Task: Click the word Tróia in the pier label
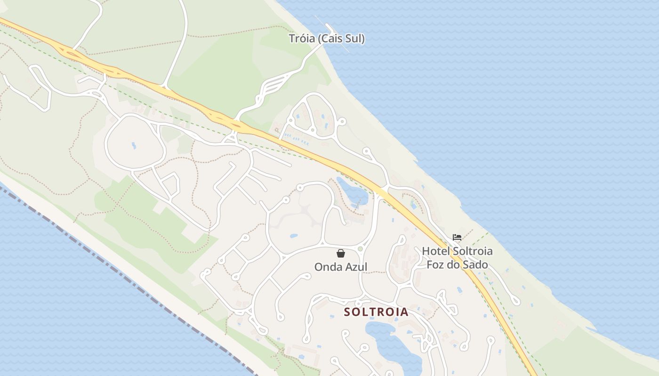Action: [x=302, y=39]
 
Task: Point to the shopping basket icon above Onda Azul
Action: [x=341, y=253]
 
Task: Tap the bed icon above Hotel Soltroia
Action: [x=457, y=237]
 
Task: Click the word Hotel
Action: [x=435, y=251]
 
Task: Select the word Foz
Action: [x=435, y=265]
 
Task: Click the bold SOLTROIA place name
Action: [x=376, y=312]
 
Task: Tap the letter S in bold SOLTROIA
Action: [x=347, y=312]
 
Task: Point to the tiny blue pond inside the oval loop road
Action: [x=134, y=145]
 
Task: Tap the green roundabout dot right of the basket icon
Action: [x=361, y=249]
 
